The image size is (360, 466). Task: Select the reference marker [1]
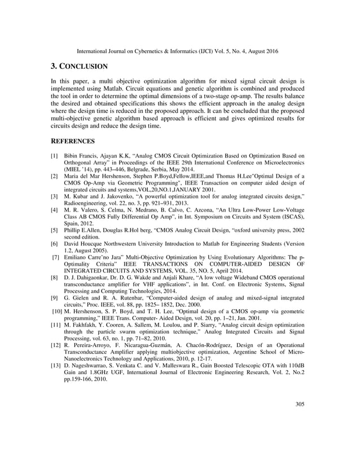pos(55,155)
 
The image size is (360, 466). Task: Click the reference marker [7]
pos(55,257)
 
